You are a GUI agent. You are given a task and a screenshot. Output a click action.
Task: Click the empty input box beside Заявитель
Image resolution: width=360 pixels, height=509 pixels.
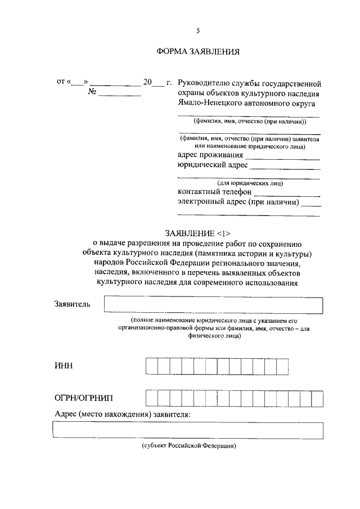(214, 305)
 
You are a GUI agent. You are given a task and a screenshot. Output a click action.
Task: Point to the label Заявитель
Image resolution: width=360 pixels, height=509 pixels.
(71, 304)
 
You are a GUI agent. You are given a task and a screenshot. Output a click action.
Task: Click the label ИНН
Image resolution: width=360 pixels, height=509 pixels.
(64, 366)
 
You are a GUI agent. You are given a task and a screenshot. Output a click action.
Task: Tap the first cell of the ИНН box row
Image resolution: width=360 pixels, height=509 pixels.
(152, 366)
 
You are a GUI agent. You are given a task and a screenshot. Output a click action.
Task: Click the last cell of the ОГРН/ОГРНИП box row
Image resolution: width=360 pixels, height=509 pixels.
(317, 398)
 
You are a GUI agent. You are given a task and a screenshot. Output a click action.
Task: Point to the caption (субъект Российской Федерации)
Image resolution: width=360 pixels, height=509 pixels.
(188, 445)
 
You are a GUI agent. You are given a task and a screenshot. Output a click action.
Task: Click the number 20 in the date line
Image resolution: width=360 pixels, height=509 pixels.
(147, 83)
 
